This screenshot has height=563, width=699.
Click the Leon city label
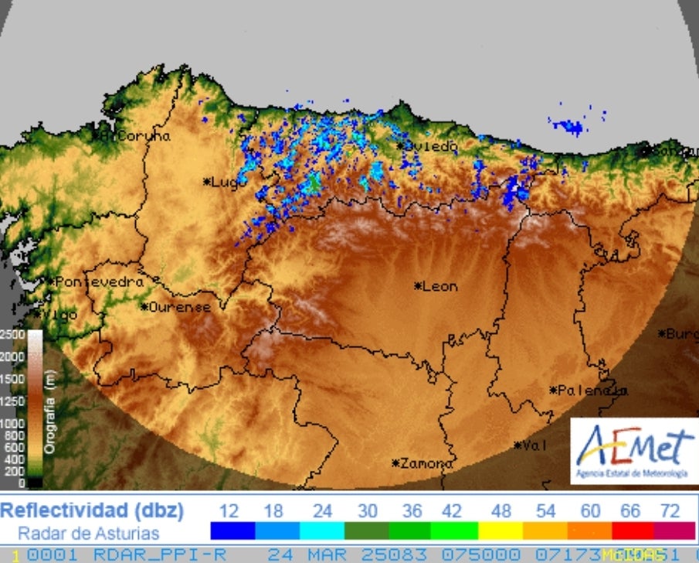tap(437, 286)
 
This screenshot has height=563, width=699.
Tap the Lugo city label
tap(222, 182)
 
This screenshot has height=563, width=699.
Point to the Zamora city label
tap(422, 463)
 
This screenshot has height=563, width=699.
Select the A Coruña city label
tap(133, 135)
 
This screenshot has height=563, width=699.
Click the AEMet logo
tap(634, 450)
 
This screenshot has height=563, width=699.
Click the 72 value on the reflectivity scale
tap(670, 511)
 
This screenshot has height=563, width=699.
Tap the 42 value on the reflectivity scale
tap(451, 511)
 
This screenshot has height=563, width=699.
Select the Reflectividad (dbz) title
tap(93, 510)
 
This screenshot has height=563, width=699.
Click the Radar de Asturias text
tap(88, 533)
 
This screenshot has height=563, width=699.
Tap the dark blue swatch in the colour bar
tap(232, 531)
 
